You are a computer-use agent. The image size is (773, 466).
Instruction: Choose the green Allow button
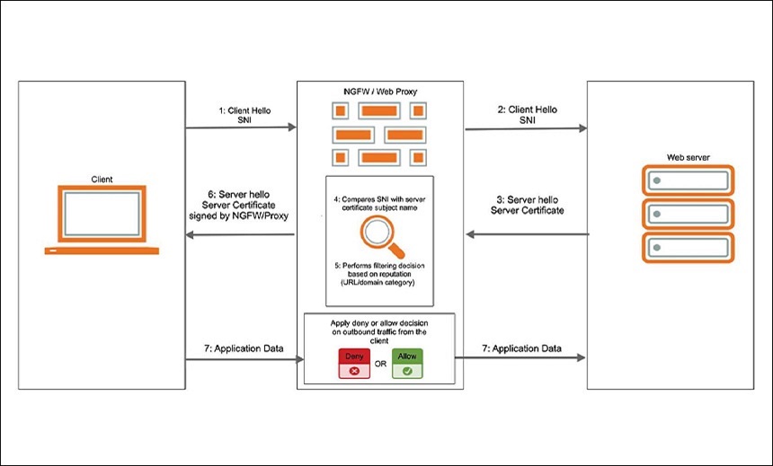pyautogui.click(x=407, y=363)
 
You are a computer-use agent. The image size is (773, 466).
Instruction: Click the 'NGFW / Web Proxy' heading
pyautogui.click(x=379, y=92)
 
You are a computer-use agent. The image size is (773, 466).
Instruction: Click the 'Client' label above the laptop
pyautogui.click(x=102, y=179)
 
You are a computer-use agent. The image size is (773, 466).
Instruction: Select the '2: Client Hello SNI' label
pyautogui.click(x=526, y=115)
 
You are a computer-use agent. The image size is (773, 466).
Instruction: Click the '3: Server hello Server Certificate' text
pyautogui.click(x=527, y=204)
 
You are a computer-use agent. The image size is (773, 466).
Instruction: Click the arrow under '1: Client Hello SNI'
pyautogui.click(x=240, y=128)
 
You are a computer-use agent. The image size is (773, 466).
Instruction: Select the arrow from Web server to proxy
pyautogui.click(x=526, y=234)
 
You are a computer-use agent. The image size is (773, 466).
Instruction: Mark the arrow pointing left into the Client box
pyautogui.click(x=240, y=234)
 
